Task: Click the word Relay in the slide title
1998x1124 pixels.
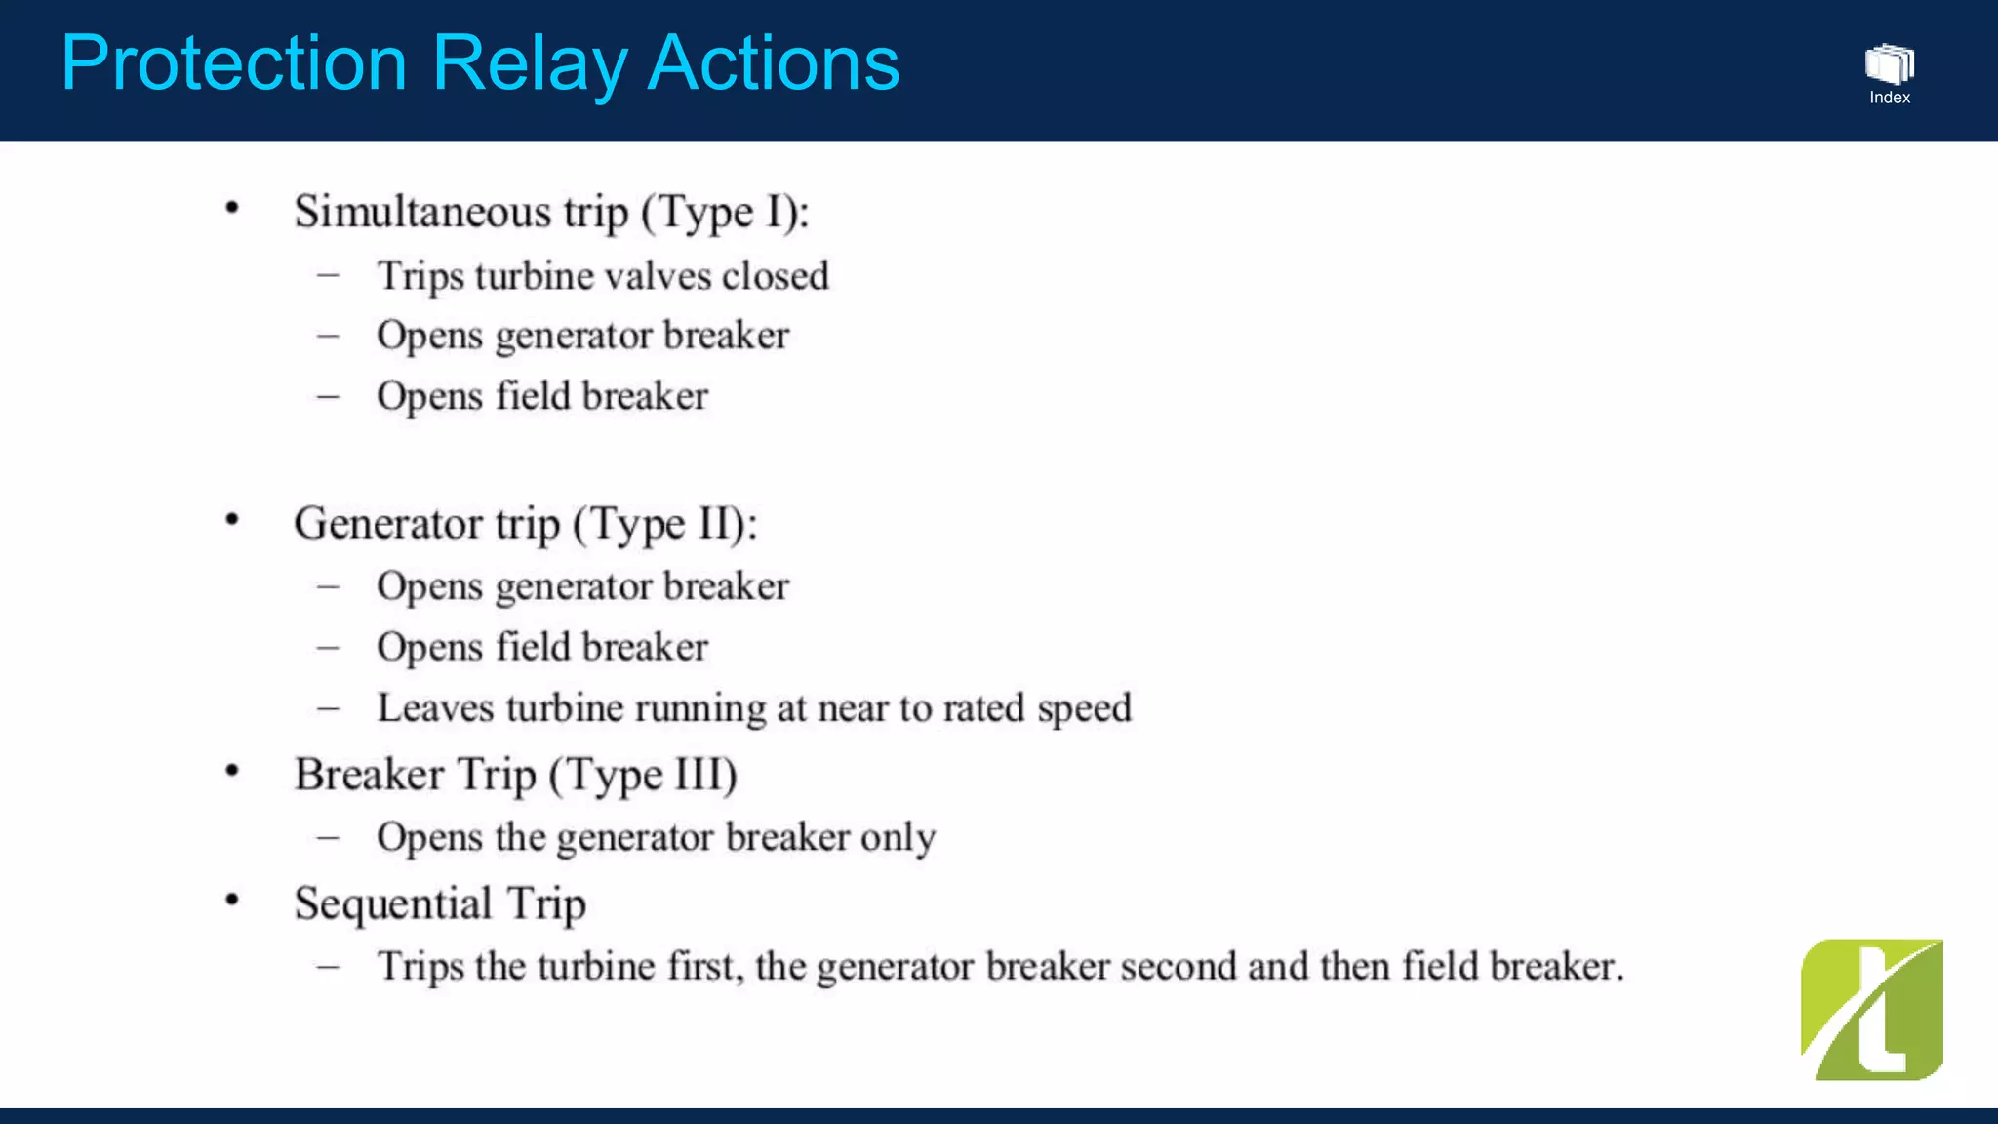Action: point(528,64)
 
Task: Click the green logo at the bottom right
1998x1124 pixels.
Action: point(1871,1009)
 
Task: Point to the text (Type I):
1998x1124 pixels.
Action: point(725,212)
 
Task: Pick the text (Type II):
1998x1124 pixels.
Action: point(664,524)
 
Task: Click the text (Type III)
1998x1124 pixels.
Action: point(642,776)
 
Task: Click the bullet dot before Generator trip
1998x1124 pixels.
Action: point(232,520)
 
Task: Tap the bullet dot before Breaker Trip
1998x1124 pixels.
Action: point(232,772)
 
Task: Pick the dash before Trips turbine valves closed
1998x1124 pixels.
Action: point(329,276)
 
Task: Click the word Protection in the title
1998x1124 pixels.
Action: point(234,64)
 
